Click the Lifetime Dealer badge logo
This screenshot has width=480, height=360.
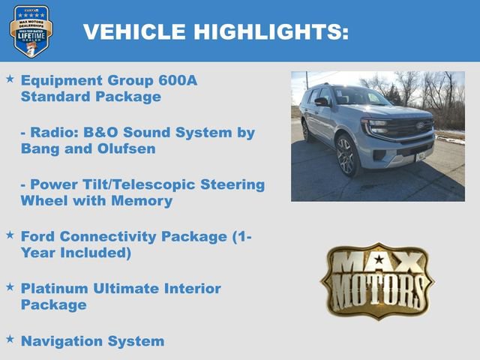tap(31, 31)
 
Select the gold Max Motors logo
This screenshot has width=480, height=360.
tap(377, 280)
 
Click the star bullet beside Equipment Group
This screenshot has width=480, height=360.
tap(10, 79)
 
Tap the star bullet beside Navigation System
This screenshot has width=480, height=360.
tap(10, 339)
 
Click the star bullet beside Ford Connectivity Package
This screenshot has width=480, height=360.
tap(10, 235)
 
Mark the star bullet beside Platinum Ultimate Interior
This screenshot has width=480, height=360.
tap(10, 286)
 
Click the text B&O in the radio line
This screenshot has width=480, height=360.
tap(97, 133)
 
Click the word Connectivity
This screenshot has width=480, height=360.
tap(115, 237)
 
